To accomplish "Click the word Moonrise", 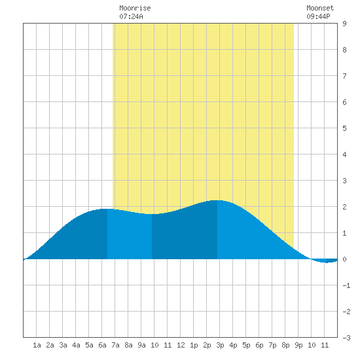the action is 135,8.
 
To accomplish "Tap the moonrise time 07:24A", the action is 131,16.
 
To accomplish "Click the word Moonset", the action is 320,8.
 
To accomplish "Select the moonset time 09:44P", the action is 319,16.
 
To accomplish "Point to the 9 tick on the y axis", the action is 344,24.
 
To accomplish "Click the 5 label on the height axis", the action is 344,128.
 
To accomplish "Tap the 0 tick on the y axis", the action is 344,259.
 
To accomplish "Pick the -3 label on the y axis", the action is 346,338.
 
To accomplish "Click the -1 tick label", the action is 346,285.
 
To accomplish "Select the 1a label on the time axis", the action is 37,345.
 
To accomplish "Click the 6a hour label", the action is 102,345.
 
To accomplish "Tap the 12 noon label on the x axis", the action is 181,345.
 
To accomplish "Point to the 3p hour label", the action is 220,345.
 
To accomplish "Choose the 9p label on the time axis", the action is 298,345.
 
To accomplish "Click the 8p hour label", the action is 285,345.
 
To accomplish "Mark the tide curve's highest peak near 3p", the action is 217,200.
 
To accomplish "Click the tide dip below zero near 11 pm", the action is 326,262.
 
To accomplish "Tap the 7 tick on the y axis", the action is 344,76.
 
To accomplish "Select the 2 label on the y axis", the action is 344,207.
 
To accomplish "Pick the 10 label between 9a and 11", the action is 154,345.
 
